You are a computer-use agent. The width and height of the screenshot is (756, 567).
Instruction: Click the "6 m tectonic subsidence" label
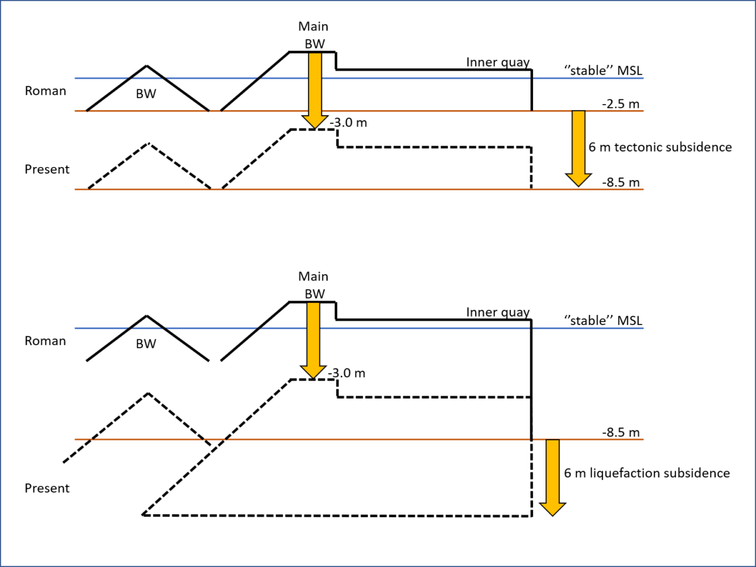coord(660,147)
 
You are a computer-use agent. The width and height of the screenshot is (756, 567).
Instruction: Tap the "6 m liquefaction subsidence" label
coord(647,473)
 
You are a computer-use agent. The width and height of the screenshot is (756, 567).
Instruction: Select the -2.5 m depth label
coord(621,103)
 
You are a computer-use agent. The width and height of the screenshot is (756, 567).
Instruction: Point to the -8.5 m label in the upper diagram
coord(621,182)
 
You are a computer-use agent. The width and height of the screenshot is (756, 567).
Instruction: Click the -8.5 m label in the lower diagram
coord(621,432)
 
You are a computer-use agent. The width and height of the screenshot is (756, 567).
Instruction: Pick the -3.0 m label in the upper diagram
coord(348,123)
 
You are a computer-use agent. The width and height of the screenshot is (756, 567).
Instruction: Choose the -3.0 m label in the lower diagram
coord(346,373)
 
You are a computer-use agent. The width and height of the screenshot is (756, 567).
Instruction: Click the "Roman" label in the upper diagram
coord(45,91)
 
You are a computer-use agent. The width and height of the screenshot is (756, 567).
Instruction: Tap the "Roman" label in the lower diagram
coord(45,341)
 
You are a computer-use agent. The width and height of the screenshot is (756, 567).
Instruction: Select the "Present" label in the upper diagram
coord(47,169)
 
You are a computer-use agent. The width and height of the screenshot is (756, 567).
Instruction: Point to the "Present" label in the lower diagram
coord(47,488)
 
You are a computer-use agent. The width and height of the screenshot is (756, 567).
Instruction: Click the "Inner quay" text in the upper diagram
coord(498,62)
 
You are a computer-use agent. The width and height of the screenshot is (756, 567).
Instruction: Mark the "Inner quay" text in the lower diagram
coord(498,312)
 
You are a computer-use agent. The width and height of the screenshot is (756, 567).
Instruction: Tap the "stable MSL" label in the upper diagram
coord(603,71)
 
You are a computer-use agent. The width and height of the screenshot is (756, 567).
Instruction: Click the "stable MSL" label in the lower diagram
coord(603,321)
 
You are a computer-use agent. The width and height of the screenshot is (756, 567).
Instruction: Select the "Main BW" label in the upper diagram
coord(313,35)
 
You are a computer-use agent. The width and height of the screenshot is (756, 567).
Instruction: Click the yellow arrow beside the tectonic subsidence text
coord(578,149)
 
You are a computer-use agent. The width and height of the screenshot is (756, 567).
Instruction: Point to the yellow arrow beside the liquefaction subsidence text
coord(553,478)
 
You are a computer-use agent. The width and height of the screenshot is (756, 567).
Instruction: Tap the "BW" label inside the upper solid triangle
coord(146,94)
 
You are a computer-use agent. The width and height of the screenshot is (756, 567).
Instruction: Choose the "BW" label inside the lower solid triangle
coord(146,344)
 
